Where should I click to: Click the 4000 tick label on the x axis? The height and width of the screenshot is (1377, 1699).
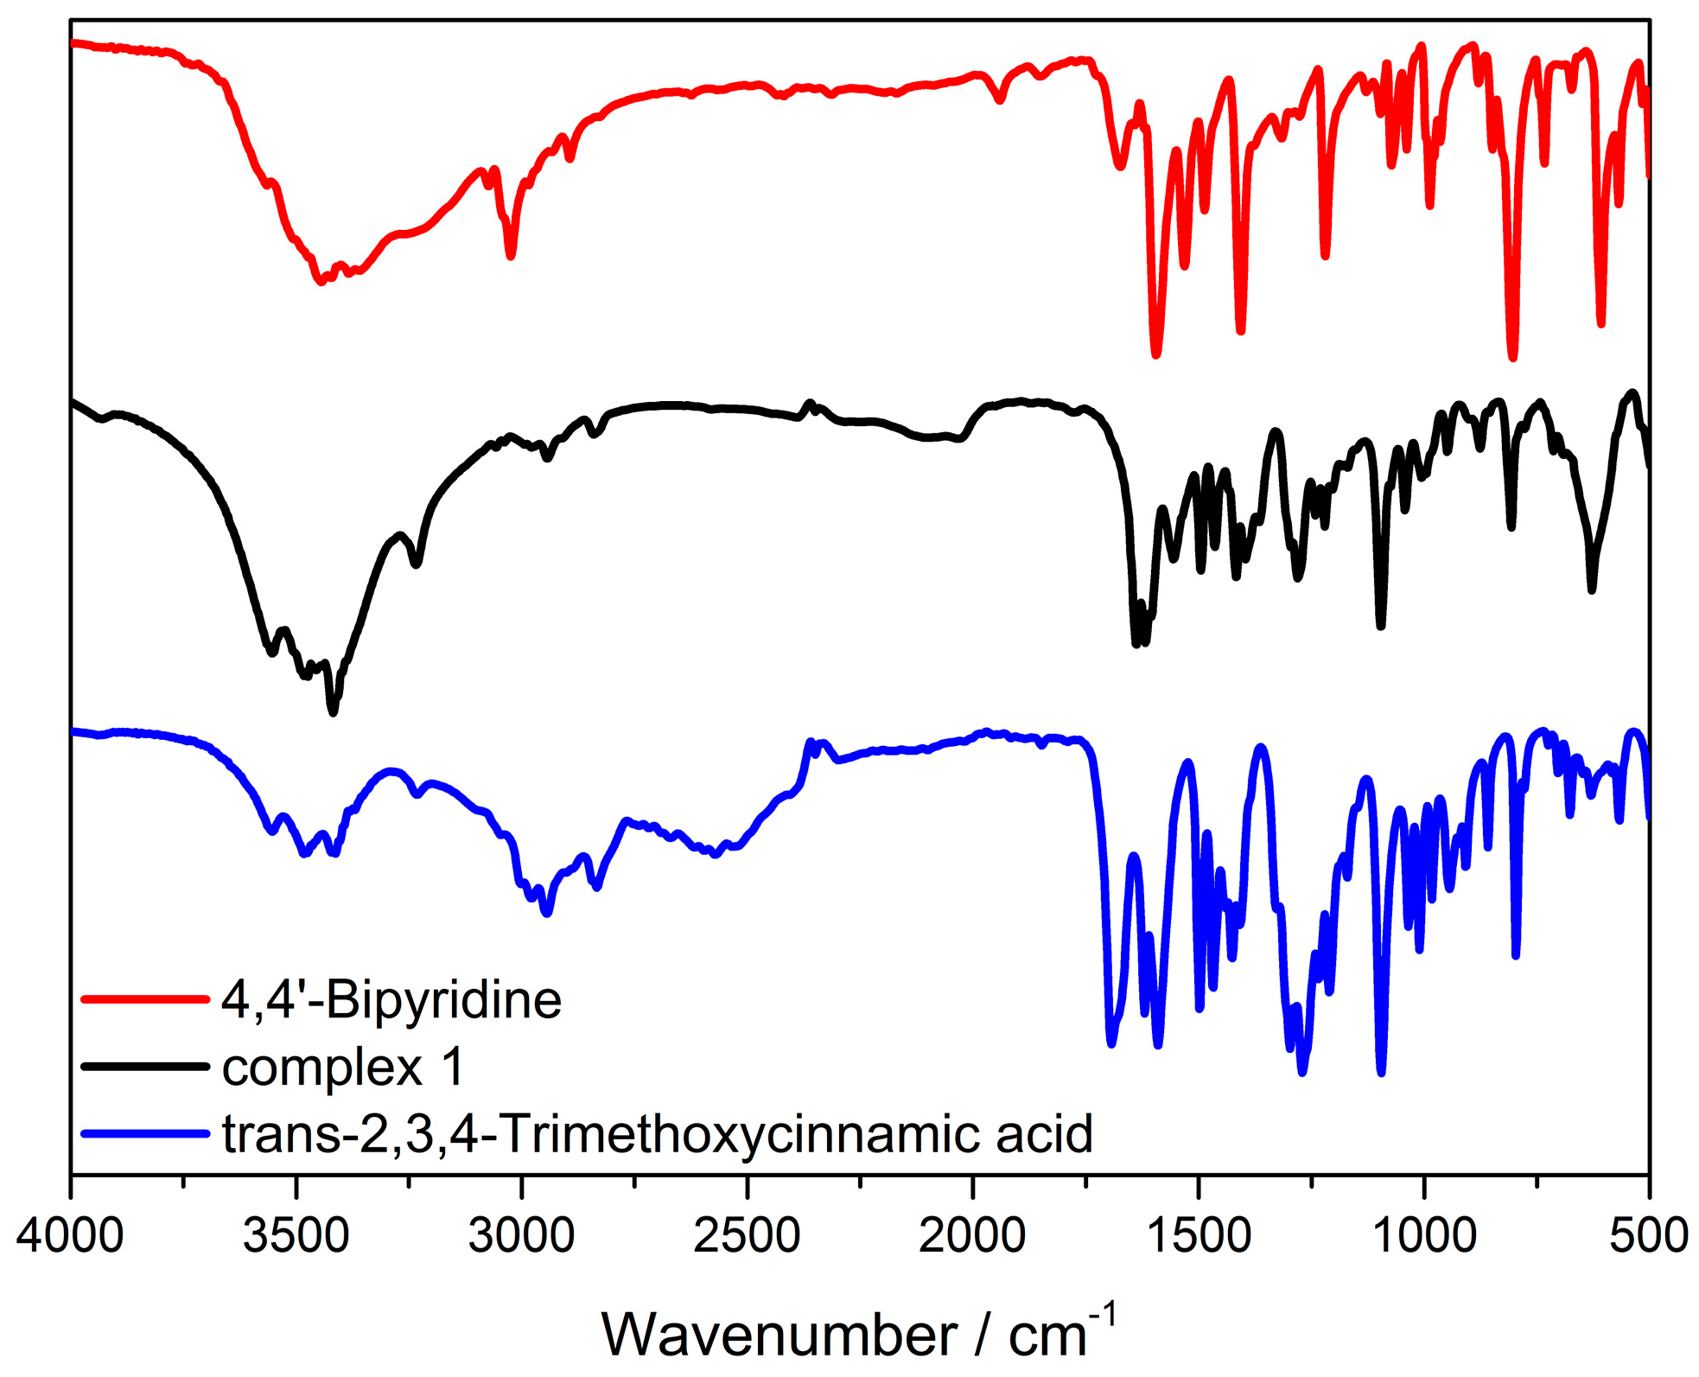click(70, 1236)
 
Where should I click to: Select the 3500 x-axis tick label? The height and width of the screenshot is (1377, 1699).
click(296, 1236)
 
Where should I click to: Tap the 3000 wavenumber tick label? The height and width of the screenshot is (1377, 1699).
click(521, 1236)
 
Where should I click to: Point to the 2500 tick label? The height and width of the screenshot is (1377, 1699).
click(747, 1236)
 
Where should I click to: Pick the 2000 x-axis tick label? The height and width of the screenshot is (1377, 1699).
click(972, 1236)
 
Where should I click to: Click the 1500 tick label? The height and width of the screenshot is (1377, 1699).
click(1199, 1236)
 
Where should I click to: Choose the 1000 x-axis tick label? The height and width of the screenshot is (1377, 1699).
click(1424, 1236)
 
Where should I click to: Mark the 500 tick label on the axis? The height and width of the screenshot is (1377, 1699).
click(1649, 1236)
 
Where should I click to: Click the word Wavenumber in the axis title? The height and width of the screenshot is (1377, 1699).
click(779, 1336)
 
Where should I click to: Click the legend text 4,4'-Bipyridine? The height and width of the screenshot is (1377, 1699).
click(391, 1000)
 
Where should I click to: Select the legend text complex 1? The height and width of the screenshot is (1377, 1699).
click(343, 1067)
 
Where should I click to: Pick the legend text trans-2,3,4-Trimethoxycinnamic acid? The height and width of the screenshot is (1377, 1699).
click(658, 1133)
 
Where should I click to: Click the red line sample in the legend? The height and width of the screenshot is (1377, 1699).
click(145, 999)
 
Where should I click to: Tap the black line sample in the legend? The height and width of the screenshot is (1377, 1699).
click(145, 1066)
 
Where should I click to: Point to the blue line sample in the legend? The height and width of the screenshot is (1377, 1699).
click(145, 1132)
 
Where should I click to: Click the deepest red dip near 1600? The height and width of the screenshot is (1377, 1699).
click(1156, 353)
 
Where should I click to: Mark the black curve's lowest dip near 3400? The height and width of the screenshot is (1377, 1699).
click(334, 711)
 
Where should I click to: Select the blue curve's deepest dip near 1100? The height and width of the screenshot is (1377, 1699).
click(1381, 1072)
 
